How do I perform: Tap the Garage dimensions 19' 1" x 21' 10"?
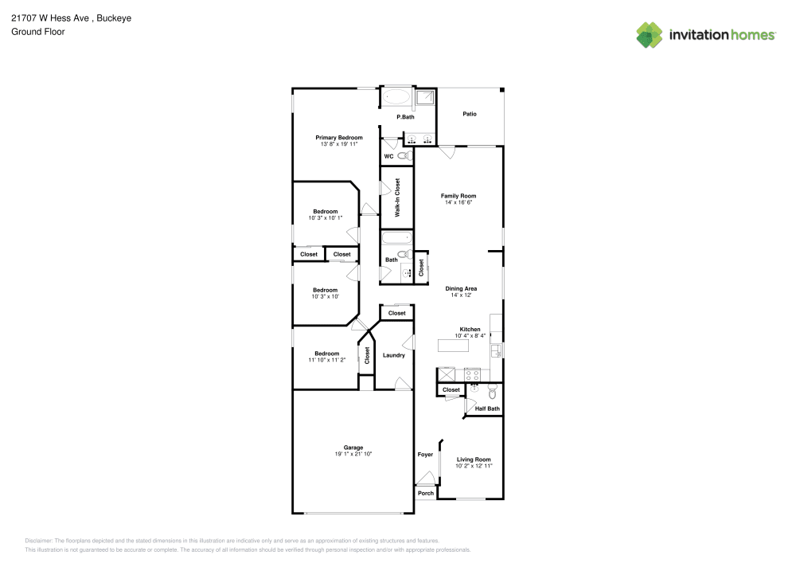[x=353, y=454]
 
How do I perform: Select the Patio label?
[x=470, y=114]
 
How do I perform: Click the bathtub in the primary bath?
[x=396, y=98]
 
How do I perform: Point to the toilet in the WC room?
[x=404, y=156]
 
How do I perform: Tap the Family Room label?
[x=458, y=196]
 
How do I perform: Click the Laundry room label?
[x=394, y=355]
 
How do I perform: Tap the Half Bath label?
[x=487, y=409]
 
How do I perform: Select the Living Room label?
[x=473, y=459]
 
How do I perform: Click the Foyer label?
[x=426, y=455]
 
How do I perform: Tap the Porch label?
[x=426, y=493]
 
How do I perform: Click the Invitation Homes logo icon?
[x=650, y=34]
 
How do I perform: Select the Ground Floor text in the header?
[x=38, y=32]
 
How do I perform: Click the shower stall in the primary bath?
[x=426, y=98]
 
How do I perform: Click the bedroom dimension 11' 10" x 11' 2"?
[x=326, y=360]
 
